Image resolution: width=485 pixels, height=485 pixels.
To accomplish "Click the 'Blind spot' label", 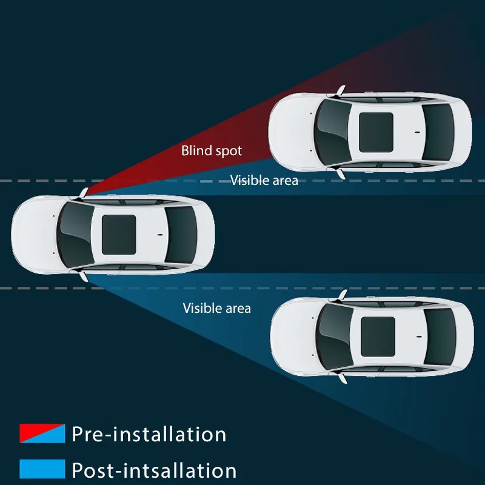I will click(x=212, y=150).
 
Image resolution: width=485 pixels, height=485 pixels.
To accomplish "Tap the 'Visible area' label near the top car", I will click(x=264, y=180).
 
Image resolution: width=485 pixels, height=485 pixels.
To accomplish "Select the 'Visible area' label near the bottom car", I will click(x=217, y=308).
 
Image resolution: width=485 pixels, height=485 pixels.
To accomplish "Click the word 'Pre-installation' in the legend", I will click(x=149, y=434).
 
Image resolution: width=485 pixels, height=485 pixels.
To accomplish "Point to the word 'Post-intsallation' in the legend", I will click(x=154, y=470).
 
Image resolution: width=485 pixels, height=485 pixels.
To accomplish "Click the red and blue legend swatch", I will click(x=42, y=433).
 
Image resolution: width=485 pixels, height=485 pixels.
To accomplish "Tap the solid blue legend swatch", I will click(x=42, y=469).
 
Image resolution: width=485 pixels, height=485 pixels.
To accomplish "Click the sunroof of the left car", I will click(x=118, y=234).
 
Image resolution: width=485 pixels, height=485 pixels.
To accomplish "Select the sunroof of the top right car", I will click(x=376, y=129).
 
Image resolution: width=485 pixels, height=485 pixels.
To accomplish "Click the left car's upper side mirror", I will click(x=82, y=194).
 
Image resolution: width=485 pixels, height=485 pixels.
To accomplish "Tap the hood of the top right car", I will click(x=290, y=129).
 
